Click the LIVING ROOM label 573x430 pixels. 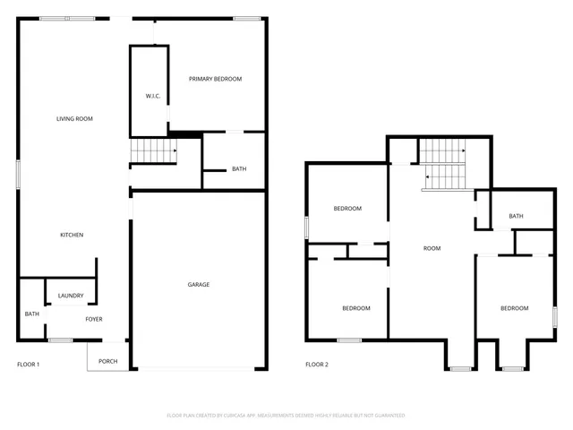click(74, 118)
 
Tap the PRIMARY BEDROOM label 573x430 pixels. click(215, 79)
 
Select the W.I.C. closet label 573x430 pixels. click(152, 96)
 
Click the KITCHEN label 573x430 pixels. click(72, 235)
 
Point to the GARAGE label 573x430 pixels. click(198, 285)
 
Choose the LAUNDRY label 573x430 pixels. click(71, 296)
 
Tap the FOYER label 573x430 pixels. click(94, 319)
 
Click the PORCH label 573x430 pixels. click(107, 361)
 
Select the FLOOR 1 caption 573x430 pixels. click(29, 365)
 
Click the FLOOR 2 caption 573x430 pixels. click(317, 365)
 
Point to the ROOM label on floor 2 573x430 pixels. click(432, 248)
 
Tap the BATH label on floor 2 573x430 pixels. click(516, 216)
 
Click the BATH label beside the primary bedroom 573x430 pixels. click(239, 168)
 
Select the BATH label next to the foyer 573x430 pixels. click(32, 314)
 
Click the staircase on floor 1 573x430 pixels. click(153, 153)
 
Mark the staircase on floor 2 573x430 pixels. click(444, 166)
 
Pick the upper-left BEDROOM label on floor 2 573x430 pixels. click(347, 209)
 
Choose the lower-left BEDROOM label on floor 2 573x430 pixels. click(356, 308)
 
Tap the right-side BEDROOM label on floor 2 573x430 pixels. click(514, 308)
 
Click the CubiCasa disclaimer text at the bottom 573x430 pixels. click(286, 416)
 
